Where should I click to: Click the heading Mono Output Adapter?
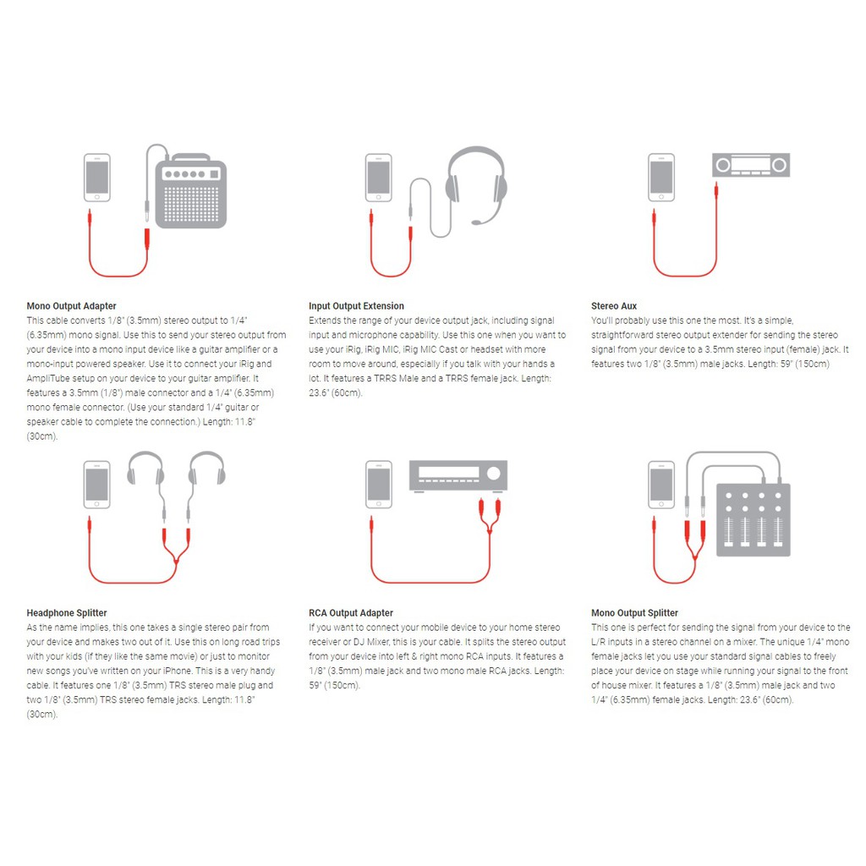click(x=71, y=306)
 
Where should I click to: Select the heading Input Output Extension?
click(x=356, y=306)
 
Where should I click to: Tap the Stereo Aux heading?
click(x=614, y=306)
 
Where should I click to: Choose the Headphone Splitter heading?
click(x=67, y=613)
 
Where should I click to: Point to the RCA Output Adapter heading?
click(x=351, y=613)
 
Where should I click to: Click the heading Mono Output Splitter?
click(x=634, y=613)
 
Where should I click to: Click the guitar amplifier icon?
click(x=190, y=190)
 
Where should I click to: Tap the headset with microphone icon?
click(x=476, y=185)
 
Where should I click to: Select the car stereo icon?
click(x=751, y=165)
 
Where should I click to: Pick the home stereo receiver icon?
click(x=458, y=475)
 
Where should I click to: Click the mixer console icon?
click(x=754, y=520)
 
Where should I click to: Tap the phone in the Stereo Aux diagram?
click(x=661, y=178)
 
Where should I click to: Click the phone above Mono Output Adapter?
click(x=97, y=178)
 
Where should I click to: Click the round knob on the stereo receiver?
click(x=494, y=473)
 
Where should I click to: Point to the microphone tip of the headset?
click(x=476, y=222)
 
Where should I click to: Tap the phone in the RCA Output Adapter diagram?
click(x=379, y=485)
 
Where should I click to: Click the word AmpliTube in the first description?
click(x=48, y=378)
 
